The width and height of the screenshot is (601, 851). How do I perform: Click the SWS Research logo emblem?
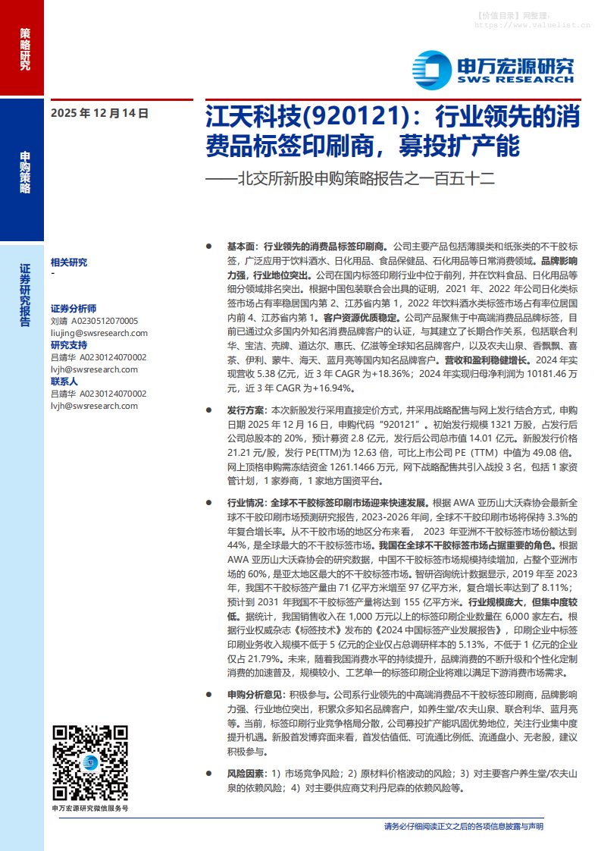pos(431,69)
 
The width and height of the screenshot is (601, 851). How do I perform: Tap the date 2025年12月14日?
pos(99,113)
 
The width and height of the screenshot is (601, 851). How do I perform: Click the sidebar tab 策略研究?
pos(25,50)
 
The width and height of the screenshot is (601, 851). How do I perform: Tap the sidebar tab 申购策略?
pos(25,173)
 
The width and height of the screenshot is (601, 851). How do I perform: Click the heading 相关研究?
pos(68,262)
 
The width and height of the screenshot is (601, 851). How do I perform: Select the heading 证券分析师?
pos(74,309)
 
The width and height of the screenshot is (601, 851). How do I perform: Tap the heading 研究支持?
pos(68,345)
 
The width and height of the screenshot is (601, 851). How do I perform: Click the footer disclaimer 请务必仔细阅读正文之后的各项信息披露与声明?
pos(463,826)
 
